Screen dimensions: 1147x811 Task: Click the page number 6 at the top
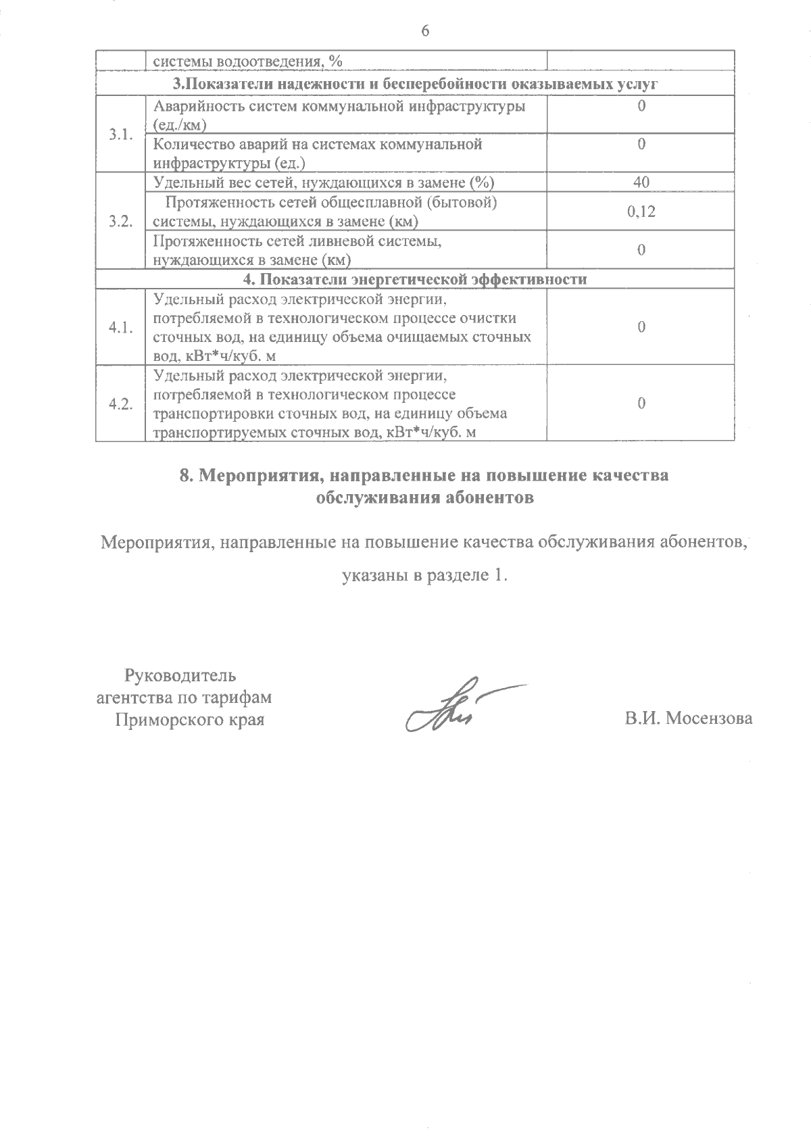(425, 31)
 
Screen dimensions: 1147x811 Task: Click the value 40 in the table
(641, 182)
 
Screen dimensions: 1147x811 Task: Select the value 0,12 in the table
(641, 212)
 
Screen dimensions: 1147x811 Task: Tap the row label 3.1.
(120, 134)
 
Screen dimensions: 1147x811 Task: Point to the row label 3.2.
(120, 221)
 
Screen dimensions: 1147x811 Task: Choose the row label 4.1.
(120, 327)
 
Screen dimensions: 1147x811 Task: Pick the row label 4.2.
(120, 404)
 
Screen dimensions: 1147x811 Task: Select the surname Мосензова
(709, 718)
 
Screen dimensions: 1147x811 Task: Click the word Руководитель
(180, 675)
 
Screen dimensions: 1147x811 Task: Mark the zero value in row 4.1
(641, 327)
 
